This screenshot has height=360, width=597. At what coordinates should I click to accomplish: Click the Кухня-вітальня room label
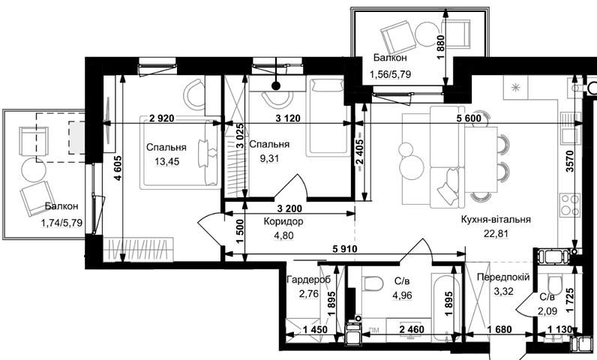(x=496, y=220)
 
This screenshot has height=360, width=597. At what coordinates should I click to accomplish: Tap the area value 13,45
(x=166, y=162)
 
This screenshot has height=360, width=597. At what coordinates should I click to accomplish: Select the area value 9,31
(x=269, y=157)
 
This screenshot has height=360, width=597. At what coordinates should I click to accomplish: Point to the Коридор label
(x=283, y=221)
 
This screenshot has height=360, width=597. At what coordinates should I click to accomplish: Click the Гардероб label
(x=309, y=280)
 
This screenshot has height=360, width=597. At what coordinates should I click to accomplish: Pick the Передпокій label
(x=503, y=277)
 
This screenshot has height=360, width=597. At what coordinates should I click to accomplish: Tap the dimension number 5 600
(x=469, y=118)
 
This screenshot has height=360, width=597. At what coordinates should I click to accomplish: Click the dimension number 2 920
(x=162, y=118)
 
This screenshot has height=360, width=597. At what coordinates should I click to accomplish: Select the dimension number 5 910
(x=345, y=249)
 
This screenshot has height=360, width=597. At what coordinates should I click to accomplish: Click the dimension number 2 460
(x=412, y=328)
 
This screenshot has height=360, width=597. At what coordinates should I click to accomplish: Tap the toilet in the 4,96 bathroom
(x=373, y=283)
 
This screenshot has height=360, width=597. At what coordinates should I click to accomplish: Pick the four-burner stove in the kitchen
(x=569, y=205)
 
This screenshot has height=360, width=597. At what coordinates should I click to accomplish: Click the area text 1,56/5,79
(x=390, y=74)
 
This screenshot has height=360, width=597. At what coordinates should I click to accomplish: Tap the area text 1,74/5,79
(x=61, y=223)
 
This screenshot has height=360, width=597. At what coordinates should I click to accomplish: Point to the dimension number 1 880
(x=440, y=47)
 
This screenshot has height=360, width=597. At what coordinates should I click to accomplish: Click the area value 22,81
(x=496, y=233)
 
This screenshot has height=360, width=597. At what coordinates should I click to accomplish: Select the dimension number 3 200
(x=289, y=208)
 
